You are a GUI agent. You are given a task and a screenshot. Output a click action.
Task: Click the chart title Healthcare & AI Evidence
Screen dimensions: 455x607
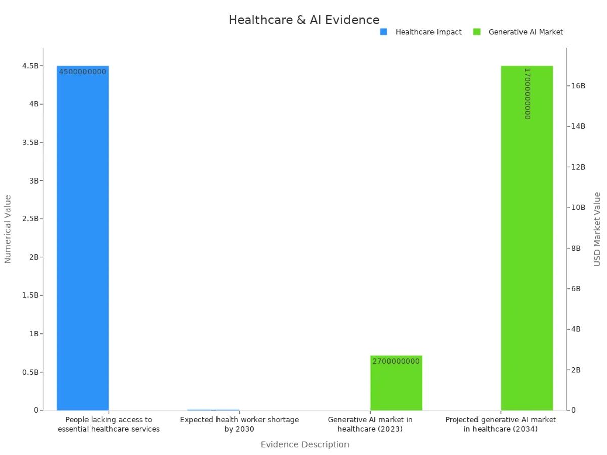coord(303,20)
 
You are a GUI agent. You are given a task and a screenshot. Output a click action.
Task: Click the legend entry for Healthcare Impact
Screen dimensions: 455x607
coord(428,32)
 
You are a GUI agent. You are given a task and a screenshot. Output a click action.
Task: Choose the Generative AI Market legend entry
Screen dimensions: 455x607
coord(525,32)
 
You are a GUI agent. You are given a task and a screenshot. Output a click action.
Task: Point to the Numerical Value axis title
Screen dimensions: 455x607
coord(8,229)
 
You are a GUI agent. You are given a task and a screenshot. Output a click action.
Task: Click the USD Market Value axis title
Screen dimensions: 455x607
coord(597,229)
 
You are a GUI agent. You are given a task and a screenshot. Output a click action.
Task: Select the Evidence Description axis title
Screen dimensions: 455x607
coord(305,444)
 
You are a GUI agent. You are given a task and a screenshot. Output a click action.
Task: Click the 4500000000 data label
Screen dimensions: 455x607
coord(82,72)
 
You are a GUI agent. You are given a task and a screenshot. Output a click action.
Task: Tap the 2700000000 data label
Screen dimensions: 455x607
coord(396,361)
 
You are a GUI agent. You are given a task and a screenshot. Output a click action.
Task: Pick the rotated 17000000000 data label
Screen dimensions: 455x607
coord(527,94)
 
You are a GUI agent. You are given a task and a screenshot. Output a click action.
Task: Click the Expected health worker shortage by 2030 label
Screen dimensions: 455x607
coord(239,424)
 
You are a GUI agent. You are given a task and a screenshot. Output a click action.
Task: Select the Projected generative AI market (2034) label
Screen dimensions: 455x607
coord(500,424)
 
